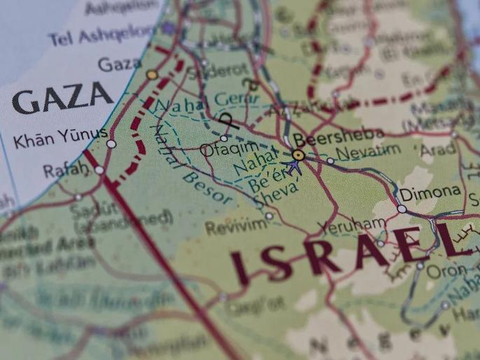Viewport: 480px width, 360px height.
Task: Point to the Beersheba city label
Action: tap(338, 135)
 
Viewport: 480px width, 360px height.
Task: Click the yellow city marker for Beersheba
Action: tap(299, 155)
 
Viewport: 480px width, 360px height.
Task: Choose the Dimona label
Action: tap(430, 191)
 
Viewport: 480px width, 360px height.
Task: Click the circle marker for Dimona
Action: tap(402, 209)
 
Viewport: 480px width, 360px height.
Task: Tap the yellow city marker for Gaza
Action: tap(152, 74)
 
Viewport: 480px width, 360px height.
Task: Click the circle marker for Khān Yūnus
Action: tap(111, 144)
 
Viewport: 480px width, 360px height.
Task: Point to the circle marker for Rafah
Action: tap(99, 169)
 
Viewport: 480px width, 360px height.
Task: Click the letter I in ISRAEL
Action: tap(240, 267)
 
